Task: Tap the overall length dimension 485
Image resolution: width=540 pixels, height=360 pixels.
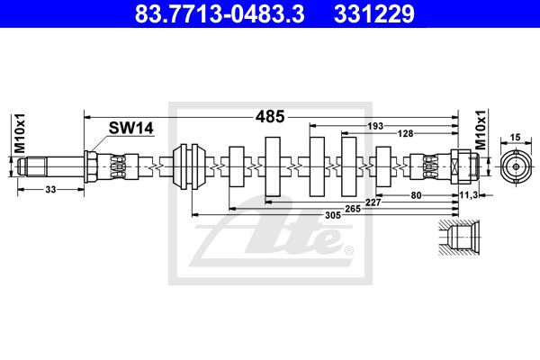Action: pyautogui.click(x=269, y=116)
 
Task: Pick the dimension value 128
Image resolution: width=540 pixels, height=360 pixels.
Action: pyautogui.click(x=407, y=134)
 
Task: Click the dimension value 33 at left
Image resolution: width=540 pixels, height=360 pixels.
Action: pyautogui.click(x=50, y=190)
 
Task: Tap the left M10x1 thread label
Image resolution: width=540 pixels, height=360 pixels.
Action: pyautogui.click(x=18, y=134)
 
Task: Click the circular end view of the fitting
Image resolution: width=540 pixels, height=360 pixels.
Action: pyautogui.click(x=515, y=166)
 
